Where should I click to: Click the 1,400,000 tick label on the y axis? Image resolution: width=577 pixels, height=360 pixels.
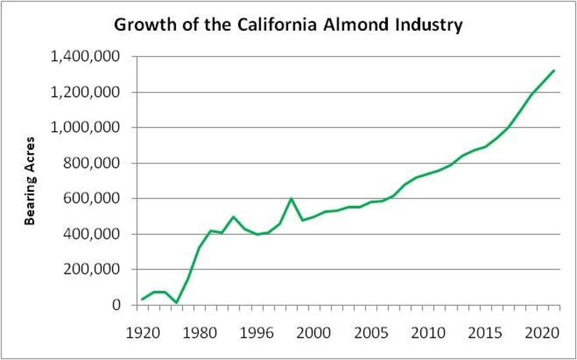[x=90, y=57]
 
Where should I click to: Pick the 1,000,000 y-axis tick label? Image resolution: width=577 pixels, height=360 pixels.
[x=90, y=128]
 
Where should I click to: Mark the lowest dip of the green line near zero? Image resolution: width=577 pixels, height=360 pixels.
[x=176, y=302]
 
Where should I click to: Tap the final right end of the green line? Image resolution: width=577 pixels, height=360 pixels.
[x=554, y=70]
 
